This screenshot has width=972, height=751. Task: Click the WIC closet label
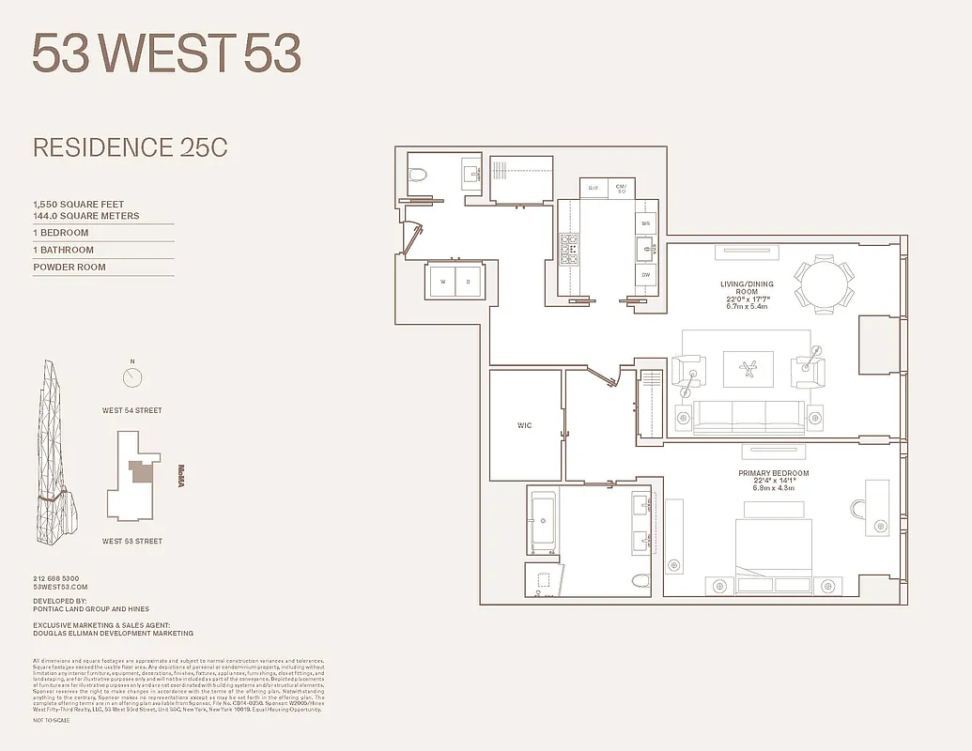coord(524,425)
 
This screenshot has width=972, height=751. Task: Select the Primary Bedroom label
coord(773,473)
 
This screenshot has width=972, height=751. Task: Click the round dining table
coord(825,281)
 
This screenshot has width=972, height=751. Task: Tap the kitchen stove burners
coord(569,249)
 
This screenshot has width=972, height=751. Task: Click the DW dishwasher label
coord(645,276)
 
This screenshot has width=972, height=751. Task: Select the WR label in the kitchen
coord(645,224)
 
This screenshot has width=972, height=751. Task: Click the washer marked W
coord(441,281)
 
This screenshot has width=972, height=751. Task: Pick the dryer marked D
coord(468,281)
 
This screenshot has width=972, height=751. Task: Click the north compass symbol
coord(132,376)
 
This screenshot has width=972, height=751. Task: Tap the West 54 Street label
coord(132,410)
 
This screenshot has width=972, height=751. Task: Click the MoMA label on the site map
coord(181,476)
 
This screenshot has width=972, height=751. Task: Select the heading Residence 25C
coord(131,147)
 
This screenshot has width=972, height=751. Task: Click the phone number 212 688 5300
coord(56,578)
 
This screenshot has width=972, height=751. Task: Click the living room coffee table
coord(748,368)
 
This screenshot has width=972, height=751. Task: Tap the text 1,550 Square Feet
coord(79,205)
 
